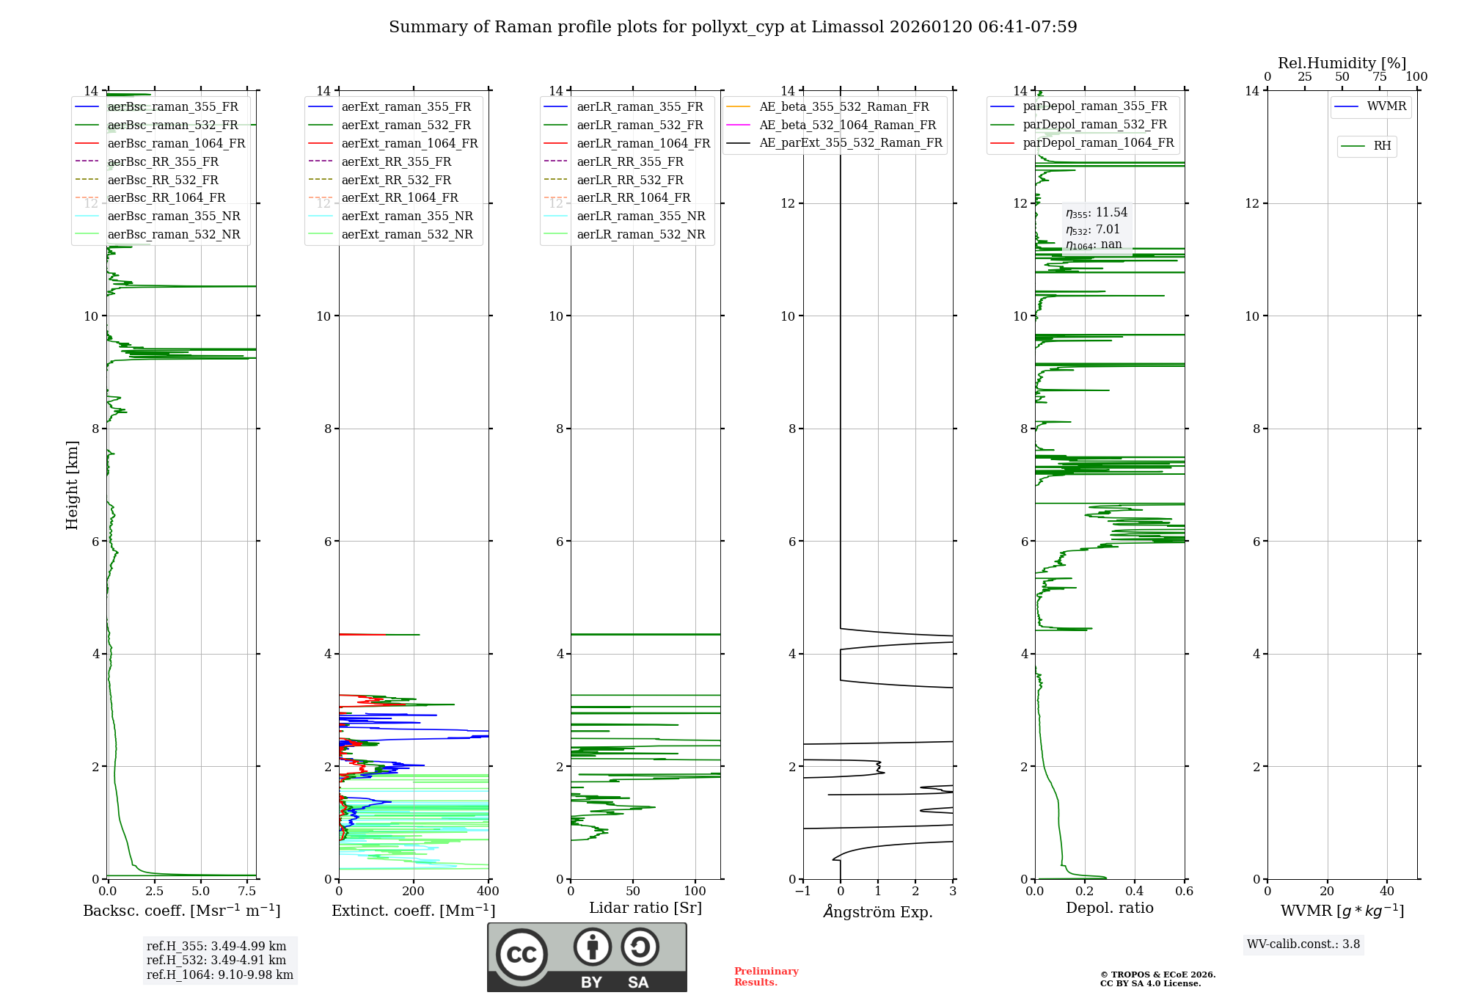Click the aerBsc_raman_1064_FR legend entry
point(176,143)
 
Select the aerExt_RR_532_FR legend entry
point(396,180)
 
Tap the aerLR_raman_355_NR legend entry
point(640,216)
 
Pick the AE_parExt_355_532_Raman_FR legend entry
point(850,142)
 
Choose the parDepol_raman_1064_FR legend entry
point(1098,142)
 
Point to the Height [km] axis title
point(72,485)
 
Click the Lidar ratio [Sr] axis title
point(645,908)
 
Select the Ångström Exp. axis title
point(878,911)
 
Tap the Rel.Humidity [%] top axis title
point(1342,63)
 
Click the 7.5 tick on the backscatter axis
point(247,892)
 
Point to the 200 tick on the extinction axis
point(414,892)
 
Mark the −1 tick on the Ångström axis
point(802,892)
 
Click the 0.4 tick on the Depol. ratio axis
point(1135,892)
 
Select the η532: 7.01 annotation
point(1093,230)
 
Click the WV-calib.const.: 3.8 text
point(1303,944)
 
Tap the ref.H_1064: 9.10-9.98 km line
point(219,975)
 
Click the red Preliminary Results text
point(766,977)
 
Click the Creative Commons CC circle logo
point(522,954)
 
